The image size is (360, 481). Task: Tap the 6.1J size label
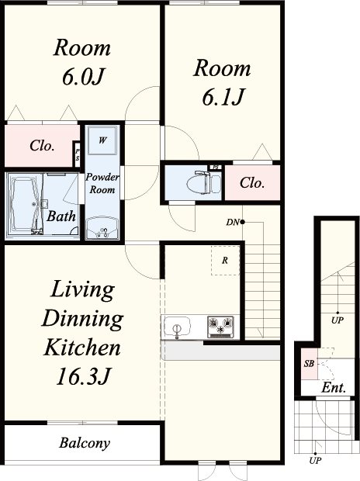223,96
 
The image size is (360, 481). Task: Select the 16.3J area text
83,376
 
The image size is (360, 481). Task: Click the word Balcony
85,443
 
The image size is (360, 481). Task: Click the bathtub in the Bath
26,204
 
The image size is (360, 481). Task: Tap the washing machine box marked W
102,140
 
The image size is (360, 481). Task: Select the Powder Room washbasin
102,229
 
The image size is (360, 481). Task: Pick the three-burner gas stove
220,327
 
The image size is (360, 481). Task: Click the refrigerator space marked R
225,261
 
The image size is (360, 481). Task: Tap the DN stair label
232,223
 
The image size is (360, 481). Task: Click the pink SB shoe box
309,364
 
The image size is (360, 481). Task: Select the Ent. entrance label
334,388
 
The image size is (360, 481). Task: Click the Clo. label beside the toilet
252,183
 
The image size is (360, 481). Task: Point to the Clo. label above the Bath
43,146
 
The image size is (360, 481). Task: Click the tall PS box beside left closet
77,154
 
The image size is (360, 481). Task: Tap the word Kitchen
82,348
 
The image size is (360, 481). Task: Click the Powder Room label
102,183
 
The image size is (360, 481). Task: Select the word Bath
61,216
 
